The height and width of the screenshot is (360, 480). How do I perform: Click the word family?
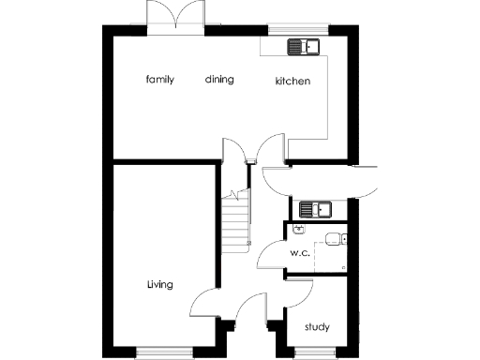(x=160, y=80)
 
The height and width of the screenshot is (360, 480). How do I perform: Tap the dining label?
(x=219, y=80)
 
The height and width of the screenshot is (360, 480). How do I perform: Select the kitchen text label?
(x=292, y=82)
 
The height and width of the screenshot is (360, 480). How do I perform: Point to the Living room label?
(x=159, y=284)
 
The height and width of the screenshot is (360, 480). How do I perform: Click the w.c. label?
(x=299, y=253)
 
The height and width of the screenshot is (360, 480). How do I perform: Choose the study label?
(x=317, y=327)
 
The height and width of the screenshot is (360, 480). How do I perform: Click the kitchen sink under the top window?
(x=303, y=45)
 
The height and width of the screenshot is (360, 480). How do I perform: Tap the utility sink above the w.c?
(x=316, y=208)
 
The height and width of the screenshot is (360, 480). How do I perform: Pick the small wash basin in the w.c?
(x=299, y=228)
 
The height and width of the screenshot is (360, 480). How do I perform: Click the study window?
(x=316, y=352)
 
